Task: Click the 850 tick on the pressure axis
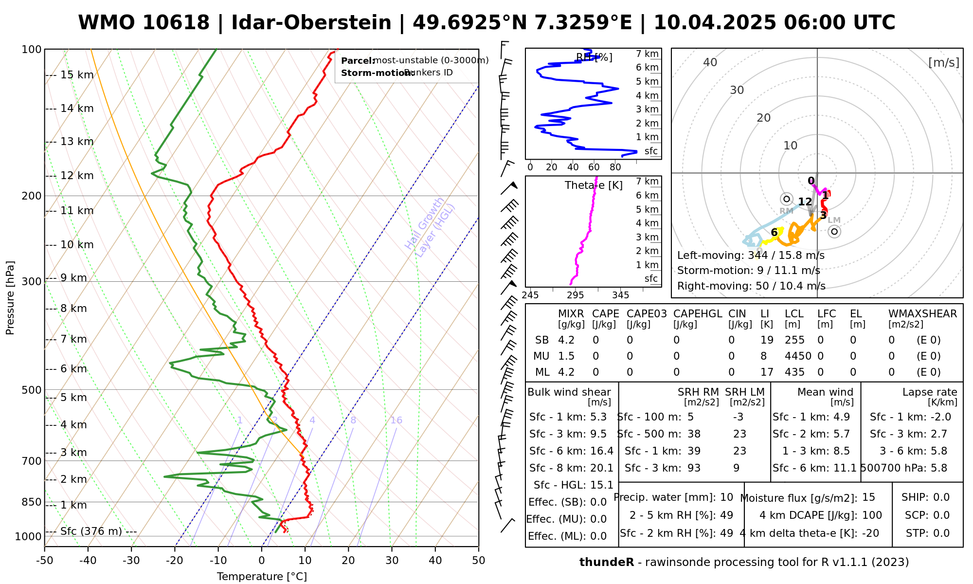coord(32,502)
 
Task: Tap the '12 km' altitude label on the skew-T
coord(77,176)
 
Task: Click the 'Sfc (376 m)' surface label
coord(91,531)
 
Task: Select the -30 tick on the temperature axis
coord(131,560)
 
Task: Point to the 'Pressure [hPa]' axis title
coord(10,298)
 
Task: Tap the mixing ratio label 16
coord(396,420)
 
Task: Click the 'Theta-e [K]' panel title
coord(594,185)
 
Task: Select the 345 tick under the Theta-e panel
coord(620,295)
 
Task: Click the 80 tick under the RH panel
coord(615,167)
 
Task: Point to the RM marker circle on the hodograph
coord(786,199)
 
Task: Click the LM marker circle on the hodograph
coord(834,232)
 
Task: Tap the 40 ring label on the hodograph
coord(710,62)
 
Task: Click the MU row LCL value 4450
coord(798,356)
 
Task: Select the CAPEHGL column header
coord(698,314)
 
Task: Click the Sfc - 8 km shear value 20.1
coord(602,468)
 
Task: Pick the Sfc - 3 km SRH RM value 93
coord(694,468)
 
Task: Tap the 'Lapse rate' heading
coord(930,392)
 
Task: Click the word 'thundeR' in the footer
coord(606,563)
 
